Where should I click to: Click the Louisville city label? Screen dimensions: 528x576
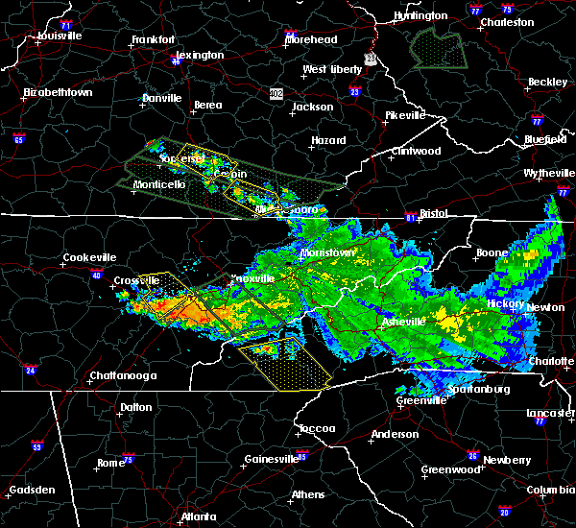pyautogui.click(x=60, y=36)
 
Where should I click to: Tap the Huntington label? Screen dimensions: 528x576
pyautogui.click(x=420, y=16)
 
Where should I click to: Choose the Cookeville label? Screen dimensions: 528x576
pyautogui.click(x=88, y=257)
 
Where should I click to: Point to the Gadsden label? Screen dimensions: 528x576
pyautogui.click(x=32, y=491)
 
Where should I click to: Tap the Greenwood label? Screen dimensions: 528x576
pyautogui.click(x=449, y=470)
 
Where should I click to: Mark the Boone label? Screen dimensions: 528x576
pyautogui.click(x=492, y=253)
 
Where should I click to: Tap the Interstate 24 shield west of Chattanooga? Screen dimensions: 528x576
pyautogui.click(x=32, y=370)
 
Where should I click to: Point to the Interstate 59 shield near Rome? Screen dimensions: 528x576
pyautogui.click(x=37, y=446)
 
